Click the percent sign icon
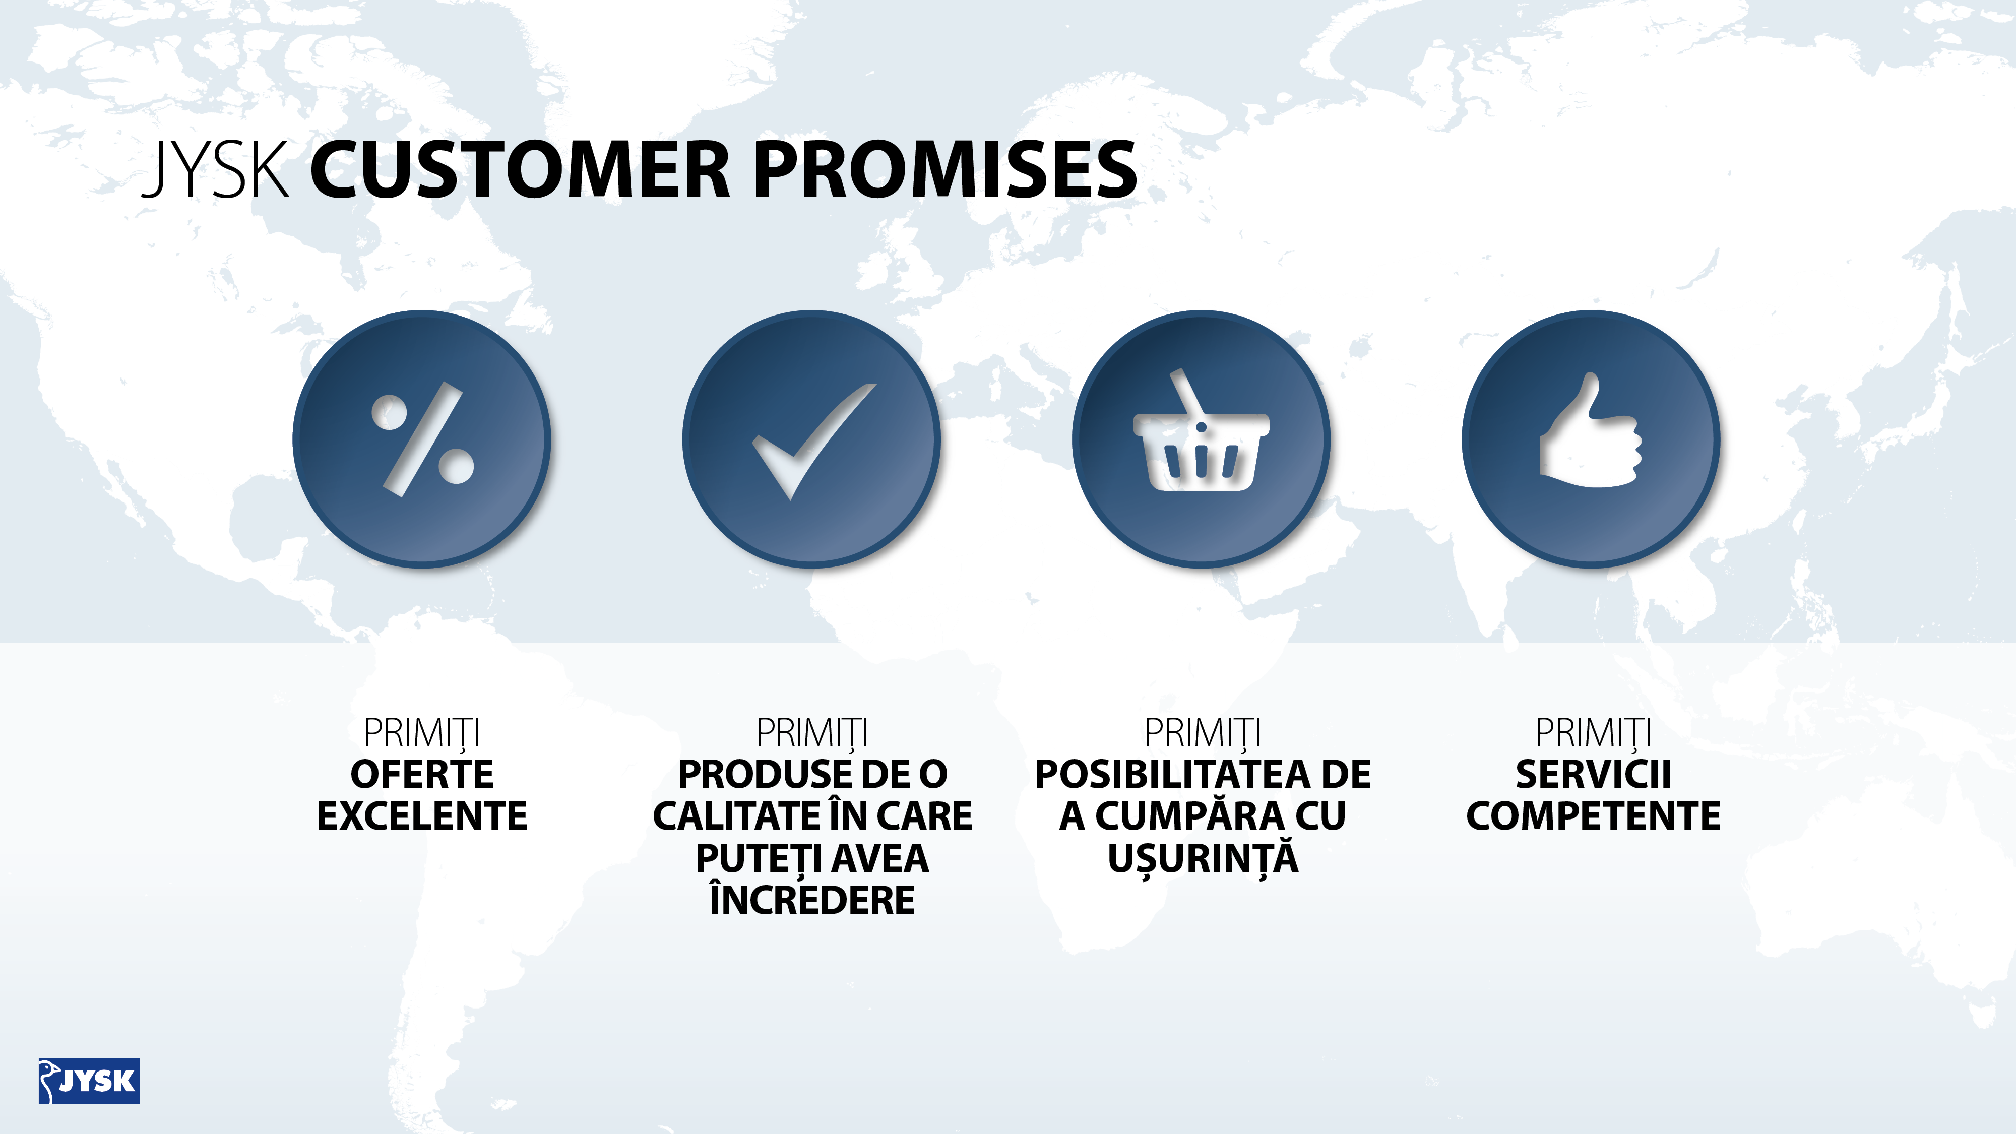(423, 439)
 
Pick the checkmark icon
(814, 442)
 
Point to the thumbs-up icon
(1590, 430)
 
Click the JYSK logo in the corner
(89, 1081)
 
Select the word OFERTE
(422, 775)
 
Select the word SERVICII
(1593, 775)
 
